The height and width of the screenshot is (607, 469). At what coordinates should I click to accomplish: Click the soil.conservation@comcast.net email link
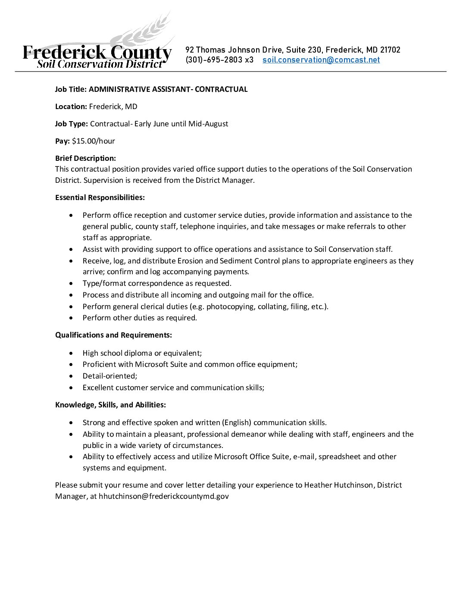point(321,60)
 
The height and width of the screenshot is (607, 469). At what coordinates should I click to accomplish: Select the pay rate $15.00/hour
point(94,141)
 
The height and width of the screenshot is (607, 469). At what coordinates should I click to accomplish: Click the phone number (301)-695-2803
point(214,60)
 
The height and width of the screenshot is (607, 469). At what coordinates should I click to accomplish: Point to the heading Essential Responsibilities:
point(100,197)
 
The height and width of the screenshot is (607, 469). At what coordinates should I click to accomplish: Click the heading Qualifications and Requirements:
point(113,335)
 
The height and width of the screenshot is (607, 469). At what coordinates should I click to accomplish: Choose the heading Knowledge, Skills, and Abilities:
point(110,405)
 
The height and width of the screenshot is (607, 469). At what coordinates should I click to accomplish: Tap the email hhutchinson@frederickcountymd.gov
point(164,496)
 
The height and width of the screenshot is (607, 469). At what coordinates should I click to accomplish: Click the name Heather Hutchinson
point(338,485)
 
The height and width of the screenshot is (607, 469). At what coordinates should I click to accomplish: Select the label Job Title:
point(71,89)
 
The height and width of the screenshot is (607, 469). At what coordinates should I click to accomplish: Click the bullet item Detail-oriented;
point(110,376)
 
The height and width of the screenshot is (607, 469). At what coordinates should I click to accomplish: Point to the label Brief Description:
point(85,158)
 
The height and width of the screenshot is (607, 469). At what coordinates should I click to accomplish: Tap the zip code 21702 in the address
point(390,50)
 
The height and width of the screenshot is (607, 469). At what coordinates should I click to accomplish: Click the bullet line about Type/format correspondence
point(157,283)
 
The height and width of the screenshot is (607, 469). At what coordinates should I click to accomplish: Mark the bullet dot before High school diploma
point(71,353)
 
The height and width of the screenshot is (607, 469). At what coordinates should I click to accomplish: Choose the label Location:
point(71,106)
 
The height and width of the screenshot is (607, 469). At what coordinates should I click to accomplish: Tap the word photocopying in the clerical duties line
point(230,307)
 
